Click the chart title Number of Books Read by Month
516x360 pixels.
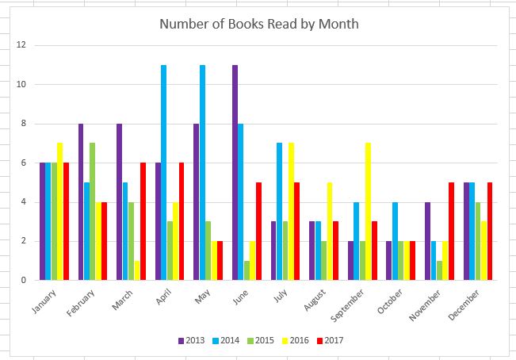[259, 24]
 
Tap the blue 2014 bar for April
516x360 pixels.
[163, 172]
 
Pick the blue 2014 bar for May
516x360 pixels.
[202, 172]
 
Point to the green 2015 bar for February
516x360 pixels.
[92, 211]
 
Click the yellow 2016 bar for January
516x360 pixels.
[59, 211]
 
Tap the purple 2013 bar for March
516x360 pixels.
[119, 201]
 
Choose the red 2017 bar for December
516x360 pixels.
[491, 231]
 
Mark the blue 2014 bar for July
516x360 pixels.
[280, 211]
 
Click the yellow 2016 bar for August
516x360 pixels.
[330, 231]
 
